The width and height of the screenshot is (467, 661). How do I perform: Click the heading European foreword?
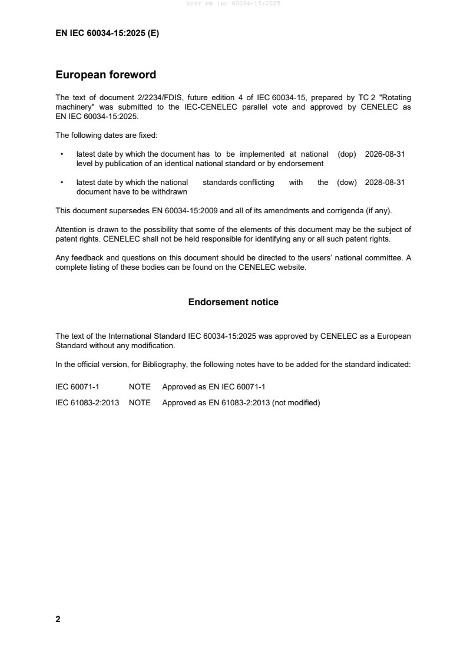pos(105,75)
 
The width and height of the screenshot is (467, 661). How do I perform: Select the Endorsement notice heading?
pos(233,302)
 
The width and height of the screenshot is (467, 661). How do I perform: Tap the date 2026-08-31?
pos(385,154)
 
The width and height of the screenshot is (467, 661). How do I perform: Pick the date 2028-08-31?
pos(385,183)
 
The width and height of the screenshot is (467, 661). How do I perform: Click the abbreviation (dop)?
pos(347,154)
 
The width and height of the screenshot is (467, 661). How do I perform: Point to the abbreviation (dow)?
pos(347,183)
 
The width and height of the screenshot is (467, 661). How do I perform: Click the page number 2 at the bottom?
pos(58,619)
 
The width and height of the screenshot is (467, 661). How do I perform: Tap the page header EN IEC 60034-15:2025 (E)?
pos(107,34)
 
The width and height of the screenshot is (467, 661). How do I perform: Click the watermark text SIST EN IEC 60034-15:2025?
pos(233,4)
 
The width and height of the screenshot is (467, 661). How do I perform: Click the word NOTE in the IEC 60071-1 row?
pos(140,387)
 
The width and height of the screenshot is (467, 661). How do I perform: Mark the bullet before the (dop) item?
pos(62,154)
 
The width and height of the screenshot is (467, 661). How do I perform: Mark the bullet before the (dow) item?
pos(62,183)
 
